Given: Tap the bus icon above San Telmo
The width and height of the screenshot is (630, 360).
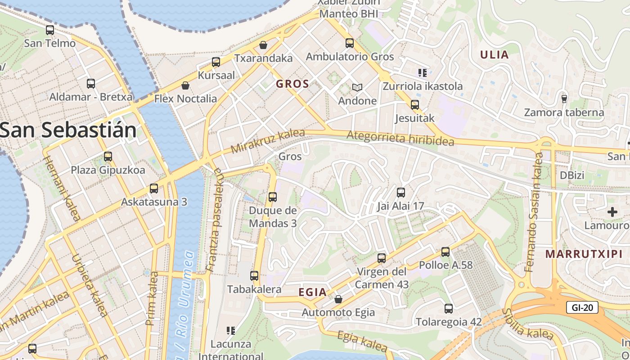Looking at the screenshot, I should pos(50,30).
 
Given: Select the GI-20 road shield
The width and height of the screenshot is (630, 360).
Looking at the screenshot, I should pos(582,308).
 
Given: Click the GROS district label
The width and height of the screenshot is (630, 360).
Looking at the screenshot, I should pos(292,84).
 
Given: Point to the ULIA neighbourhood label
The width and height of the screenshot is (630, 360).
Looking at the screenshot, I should pos(494,55).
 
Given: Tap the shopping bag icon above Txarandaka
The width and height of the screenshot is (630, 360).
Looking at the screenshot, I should pos(263,45).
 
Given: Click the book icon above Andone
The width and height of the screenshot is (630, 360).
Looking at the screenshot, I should pos(357,87).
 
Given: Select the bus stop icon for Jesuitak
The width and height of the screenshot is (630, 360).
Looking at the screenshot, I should pos(414,105).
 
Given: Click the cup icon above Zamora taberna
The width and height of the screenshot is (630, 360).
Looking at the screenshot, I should pos(564,99).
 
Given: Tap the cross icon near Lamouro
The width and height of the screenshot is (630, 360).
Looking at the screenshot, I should pos(612,211).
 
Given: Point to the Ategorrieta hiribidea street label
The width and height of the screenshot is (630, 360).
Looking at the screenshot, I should pos(400,137).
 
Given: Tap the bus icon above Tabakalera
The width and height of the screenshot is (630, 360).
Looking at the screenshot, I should pos(254,276).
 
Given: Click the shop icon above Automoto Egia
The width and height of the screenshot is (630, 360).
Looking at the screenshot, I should pos(338,299).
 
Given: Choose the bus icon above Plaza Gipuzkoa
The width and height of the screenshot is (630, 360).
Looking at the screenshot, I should pos(108,157).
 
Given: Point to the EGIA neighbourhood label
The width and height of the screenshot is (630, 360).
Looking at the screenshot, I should pos(313,292).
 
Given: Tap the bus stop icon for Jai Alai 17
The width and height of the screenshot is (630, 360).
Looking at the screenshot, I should pos(400,193).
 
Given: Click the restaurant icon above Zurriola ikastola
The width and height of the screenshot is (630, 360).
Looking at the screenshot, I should pos(422,72).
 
